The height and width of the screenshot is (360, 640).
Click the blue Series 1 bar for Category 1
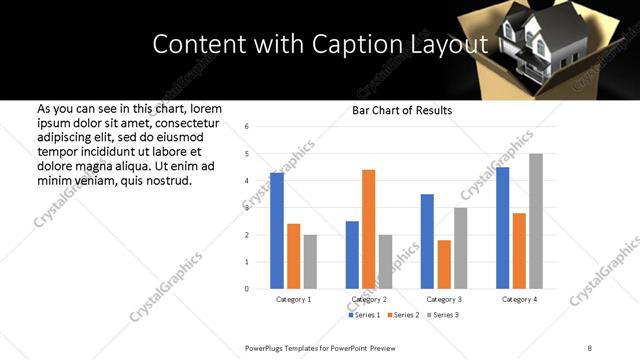click(x=277, y=231)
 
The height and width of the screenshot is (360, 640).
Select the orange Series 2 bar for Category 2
click(x=368, y=229)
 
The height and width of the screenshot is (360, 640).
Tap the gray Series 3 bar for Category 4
click(x=536, y=221)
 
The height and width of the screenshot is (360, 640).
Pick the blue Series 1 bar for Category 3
click(x=427, y=241)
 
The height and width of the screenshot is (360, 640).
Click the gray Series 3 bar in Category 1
click(x=309, y=262)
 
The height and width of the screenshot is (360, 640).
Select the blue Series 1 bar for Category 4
click(x=503, y=228)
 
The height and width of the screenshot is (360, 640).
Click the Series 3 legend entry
click(x=444, y=315)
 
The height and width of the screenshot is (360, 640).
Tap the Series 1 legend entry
click(x=364, y=315)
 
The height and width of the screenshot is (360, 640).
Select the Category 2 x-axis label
click(x=369, y=299)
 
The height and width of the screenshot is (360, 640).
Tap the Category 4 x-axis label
click(x=519, y=299)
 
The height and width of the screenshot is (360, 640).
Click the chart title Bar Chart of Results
click(x=402, y=110)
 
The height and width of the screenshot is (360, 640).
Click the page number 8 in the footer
click(x=589, y=347)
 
